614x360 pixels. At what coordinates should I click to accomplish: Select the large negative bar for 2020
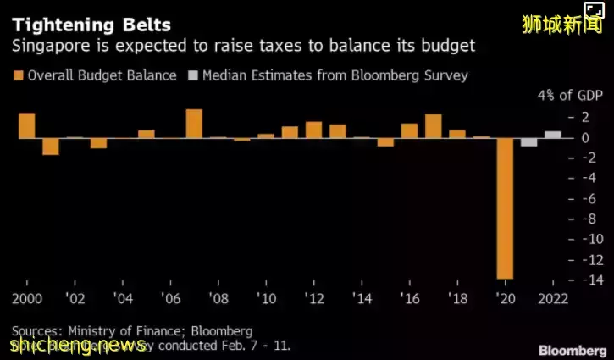(505, 208)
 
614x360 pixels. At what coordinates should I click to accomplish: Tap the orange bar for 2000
(26, 125)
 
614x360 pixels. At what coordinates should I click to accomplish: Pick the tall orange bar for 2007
(194, 124)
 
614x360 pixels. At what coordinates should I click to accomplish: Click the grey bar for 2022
(553, 134)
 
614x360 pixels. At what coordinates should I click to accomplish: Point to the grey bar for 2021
(529, 141)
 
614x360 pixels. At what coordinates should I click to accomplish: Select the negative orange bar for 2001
(51, 146)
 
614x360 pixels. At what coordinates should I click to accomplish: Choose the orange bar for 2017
(434, 125)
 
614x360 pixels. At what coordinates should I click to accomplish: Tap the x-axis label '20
(505, 299)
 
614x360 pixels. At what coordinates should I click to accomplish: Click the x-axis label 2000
(26, 299)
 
